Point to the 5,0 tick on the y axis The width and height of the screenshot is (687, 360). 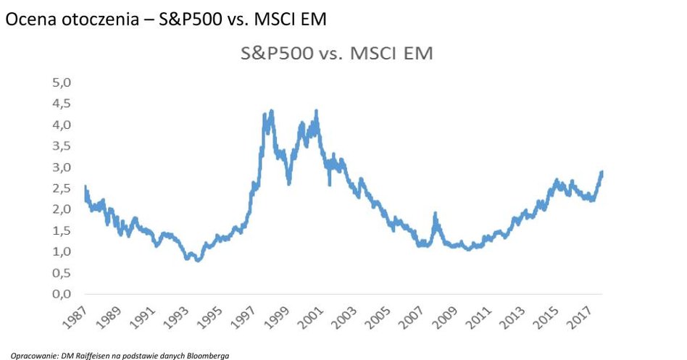[x=62, y=83]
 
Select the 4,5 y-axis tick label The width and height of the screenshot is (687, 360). [x=62, y=104]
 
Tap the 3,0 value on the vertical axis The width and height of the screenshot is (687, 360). [x=62, y=167]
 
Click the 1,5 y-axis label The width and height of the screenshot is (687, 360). [x=62, y=231]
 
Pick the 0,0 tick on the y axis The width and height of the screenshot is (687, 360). [x=62, y=295]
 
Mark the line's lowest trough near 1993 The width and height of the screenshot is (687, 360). [x=197, y=260]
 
